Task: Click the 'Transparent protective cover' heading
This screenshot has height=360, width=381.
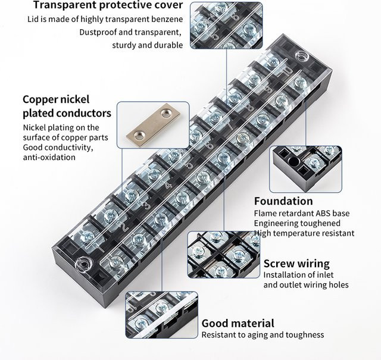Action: pyautogui.click(x=108, y=5)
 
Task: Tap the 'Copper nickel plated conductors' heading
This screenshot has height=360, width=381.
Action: pyautogui.click(x=67, y=106)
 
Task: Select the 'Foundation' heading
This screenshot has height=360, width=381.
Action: pyautogui.click(x=283, y=201)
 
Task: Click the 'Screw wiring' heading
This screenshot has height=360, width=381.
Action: pyautogui.click(x=296, y=264)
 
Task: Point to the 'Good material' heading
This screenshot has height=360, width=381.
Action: pyautogui.click(x=238, y=323)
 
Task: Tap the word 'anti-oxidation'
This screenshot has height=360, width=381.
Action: pyautogui.click(x=49, y=157)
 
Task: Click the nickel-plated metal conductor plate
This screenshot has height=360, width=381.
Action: pyautogui.click(x=154, y=125)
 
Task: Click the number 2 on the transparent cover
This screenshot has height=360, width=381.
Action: pyautogui.click(x=124, y=227)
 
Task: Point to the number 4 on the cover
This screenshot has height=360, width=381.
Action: pyautogui.click(x=168, y=186)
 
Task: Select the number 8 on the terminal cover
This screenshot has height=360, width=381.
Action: pyautogui.click(x=249, y=107)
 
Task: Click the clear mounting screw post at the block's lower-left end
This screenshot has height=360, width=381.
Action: pyautogui.click(x=83, y=264)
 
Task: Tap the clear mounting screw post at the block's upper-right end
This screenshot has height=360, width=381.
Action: pyautogui.click(x=302, y=55)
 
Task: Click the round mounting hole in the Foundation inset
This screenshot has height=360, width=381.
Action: pyautogui.click(x=293, y=161)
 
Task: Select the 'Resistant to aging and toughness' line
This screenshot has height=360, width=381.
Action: pyautogui.click(x=263, y=335)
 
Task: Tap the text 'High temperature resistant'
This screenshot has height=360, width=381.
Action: pyautogui.click(x=304, y=233)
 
